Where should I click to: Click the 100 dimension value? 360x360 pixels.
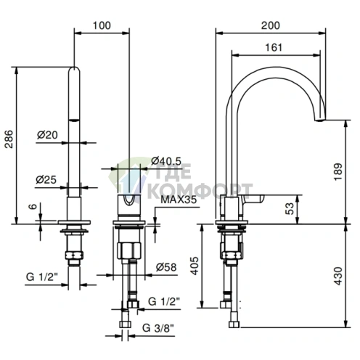[x=102, y=25]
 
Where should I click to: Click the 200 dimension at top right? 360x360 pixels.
[x=271, y=25]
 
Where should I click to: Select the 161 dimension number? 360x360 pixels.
[x=274, y=47]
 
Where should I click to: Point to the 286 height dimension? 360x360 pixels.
[x=9, y=139]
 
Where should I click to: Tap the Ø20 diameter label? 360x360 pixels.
[x=47, y=135]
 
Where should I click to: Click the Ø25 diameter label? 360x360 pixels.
[x=46, y=179]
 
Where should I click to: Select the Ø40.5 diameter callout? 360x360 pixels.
[x=166, y=161]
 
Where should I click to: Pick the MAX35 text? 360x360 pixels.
[x=179, y=200]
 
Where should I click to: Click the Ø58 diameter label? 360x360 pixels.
[x=166, y=267]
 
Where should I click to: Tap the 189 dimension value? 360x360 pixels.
[x=338, y=171]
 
